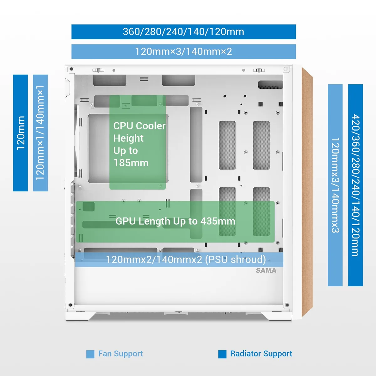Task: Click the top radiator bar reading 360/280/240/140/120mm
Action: [184, 32]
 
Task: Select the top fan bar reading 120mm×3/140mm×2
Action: [184, 51]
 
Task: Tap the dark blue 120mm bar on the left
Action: [20, 133]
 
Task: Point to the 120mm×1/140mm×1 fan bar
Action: [40, 133]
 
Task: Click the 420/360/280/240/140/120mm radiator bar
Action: [355, 185]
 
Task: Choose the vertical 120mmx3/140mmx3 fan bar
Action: [335, 185]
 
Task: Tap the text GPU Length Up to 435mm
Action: [175, 221]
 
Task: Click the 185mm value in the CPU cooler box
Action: [131, 163]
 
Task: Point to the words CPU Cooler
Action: [139, 126]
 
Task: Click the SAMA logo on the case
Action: [266, 270]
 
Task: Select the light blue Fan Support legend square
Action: [90, 354]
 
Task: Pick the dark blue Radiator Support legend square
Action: [222, 354]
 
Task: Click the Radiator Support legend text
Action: [261, 353]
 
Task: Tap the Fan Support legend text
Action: [120, 353]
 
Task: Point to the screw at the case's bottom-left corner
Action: [70, 305]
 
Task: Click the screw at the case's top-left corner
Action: [72, 69]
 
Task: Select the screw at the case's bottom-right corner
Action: [287, 305]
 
